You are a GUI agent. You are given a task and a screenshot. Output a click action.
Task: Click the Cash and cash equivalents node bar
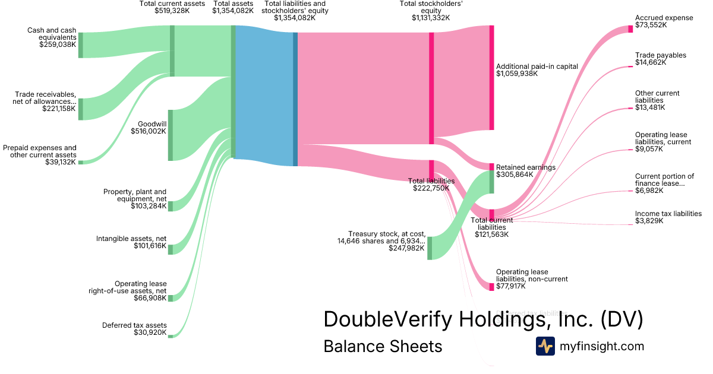pos(80,45)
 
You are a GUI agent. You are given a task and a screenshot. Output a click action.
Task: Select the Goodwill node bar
pos(171,135)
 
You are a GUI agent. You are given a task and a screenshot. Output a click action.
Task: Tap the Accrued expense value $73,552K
pos(651,25)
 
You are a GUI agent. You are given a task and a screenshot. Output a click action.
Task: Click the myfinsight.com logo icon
pos(545,346)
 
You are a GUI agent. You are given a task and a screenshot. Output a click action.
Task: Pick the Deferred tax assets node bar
pos(170,336)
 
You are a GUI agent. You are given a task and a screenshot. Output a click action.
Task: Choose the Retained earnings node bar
pos(491,178)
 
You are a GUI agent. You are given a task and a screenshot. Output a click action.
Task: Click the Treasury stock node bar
pos(430,248)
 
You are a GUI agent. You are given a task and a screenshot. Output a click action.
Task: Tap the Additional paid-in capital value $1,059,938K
pos(517,74)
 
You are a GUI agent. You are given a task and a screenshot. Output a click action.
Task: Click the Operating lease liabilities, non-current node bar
pos(491,286)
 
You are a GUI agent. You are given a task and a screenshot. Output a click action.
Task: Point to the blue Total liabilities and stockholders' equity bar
pos(295,99)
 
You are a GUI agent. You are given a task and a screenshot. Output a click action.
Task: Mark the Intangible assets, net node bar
pos(171,249)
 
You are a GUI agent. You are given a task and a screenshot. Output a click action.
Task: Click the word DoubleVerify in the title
pos(389,320)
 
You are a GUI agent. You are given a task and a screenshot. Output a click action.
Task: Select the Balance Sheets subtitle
pos(383,346)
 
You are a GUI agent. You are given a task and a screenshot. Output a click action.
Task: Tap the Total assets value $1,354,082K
pos(232,11)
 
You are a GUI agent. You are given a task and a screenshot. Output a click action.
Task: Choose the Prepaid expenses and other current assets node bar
pos(80,162)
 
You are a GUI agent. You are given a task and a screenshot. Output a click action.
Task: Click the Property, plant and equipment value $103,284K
pos(149,206)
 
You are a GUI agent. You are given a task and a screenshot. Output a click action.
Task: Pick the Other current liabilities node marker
pos(630,109)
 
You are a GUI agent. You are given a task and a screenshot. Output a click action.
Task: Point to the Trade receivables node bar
pos(80,109)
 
